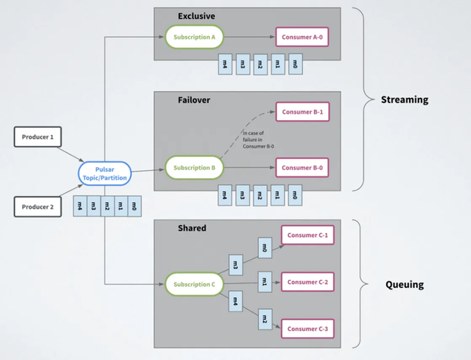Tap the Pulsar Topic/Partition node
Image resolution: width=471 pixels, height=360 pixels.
104,173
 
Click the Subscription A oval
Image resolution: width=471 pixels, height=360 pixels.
194,36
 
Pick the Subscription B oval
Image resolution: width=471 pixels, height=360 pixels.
194,168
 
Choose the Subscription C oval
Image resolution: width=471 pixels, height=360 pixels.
194,284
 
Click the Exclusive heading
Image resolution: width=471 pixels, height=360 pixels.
195,15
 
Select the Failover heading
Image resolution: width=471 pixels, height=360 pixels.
193,100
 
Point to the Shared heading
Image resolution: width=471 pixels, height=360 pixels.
192,227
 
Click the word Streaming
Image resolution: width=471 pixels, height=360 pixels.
404,100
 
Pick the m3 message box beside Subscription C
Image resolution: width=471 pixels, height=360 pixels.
235,265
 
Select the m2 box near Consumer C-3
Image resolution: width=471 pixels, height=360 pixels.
265,319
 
